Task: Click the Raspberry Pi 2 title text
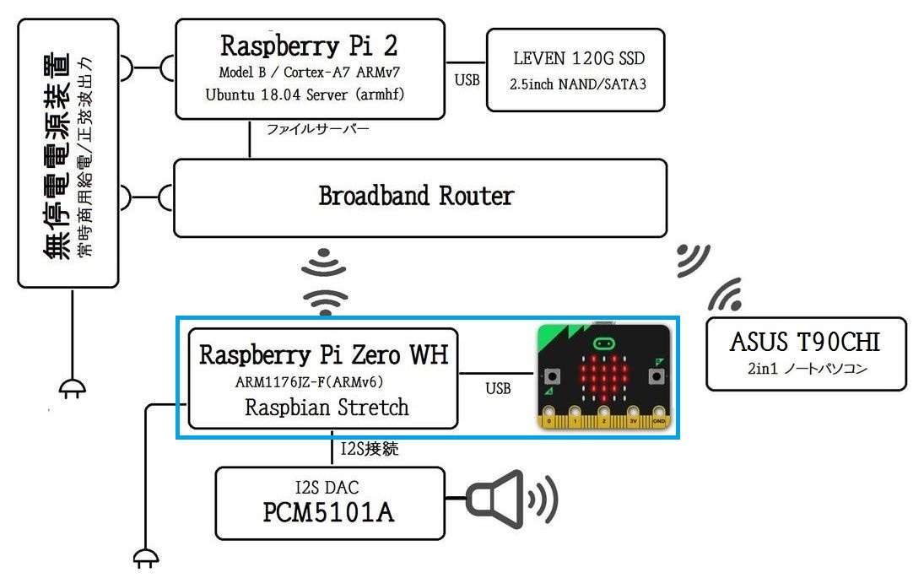[x=309, y=46]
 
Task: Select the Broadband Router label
[x=416, y=196]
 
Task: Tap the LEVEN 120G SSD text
[x=579, y=58]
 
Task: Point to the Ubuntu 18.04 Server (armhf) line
[x=305, y=95]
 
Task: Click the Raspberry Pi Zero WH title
[x=323, y=354]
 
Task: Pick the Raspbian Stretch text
[x=327, y=408]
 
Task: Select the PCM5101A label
[x=328, y=512]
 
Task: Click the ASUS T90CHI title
[x=805, y=342]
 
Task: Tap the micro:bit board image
[x=604, y=375]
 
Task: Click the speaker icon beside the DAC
[x=511, y=499]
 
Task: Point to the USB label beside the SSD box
[x=467, y=80]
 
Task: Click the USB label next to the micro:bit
[x=498, y=388]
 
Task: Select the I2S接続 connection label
[x=370, y=449]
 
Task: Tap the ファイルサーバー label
[x=317, y=129]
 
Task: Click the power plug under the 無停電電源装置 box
[x=73, y=388]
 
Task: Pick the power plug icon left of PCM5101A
[x=145, y=558]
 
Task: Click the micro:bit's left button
[x=552, y=375]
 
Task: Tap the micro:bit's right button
[x=656, y=375]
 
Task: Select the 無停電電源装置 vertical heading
[x=57, y=155]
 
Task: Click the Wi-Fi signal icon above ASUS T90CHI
[x=725, y=294]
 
